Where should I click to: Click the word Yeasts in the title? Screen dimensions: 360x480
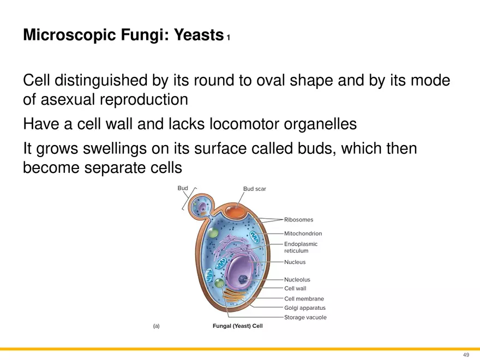[x=195, y=36]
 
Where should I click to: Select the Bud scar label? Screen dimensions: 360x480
[x=254, y=189]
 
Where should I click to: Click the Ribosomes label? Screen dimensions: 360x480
[x=298, y=220]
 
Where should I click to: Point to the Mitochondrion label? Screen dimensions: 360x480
[x=303, y=234]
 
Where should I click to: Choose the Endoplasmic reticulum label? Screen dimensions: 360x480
[x=301, y=248]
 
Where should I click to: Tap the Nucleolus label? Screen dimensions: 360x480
[x=297, y=280]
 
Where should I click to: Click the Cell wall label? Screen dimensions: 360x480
[x=295, y=289]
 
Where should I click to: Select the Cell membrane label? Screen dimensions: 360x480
[x=304, y=299]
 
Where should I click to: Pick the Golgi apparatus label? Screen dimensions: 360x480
[x=304, y=308]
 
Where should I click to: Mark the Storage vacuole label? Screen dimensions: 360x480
[x=305, y=317]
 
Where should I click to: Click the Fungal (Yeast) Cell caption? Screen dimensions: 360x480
[x=237, y=327]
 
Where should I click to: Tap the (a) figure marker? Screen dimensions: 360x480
[x=156, y=326]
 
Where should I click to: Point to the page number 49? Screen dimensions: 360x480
[x=466, y=355]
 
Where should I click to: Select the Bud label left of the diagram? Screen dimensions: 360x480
[x=183, y=188]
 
